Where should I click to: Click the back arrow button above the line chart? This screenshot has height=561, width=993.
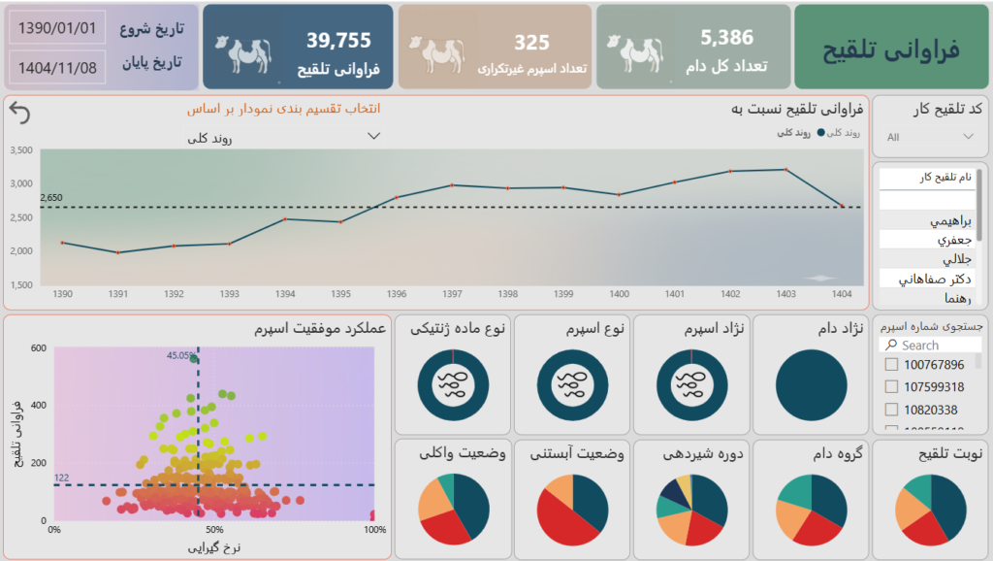pos(19,114)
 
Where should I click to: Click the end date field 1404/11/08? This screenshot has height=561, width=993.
pos(57,67)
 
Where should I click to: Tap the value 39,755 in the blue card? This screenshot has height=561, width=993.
pos(338,41)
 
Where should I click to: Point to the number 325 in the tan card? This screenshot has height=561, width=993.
pos(531,43)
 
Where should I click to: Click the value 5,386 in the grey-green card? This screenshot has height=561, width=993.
pos(726,38)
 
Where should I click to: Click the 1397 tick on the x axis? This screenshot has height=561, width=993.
pos(451,293)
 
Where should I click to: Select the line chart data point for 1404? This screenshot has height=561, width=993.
pos(842,206)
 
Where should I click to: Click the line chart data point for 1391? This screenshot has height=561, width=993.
pos(118,252)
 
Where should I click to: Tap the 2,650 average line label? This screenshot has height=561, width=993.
pos(51,198)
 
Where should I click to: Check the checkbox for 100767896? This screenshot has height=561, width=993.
pos(891,365)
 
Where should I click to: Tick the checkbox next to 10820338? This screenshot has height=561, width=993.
pos(891,410)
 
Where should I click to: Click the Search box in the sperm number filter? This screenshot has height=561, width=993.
pos(931,345)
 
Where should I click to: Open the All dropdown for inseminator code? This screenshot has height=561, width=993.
pos(930,137)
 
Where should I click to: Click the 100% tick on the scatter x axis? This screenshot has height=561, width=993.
pos(374,530)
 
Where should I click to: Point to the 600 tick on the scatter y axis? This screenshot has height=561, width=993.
pos(39,348)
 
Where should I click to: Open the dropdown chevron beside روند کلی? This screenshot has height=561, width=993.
pos(374,136)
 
